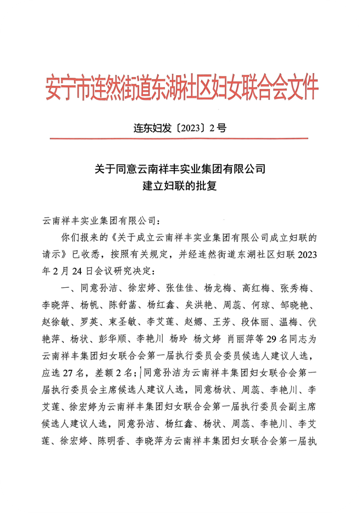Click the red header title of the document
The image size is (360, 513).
pyautogui.click(x=181, y=88)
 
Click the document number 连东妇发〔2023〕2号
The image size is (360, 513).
pyautogui.click(x=180, y=129)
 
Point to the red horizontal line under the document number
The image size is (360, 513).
pyautogui.click(x=180, y=139)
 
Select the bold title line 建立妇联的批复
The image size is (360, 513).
pyautogui.click(x=180, y=186)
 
